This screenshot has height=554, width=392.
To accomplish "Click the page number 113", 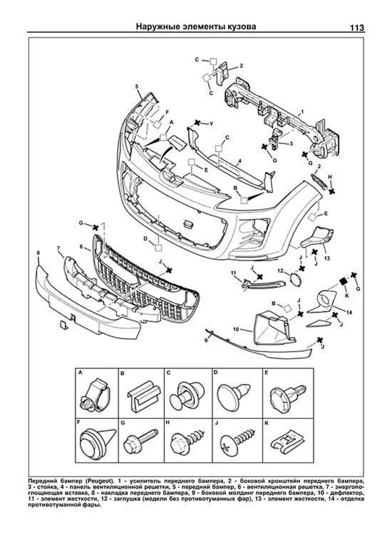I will pos(357,28).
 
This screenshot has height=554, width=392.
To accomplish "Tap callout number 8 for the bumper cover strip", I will pos(38,253).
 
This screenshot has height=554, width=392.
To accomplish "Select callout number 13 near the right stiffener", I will pos(327,258).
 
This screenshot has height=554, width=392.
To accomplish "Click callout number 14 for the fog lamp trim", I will pos(349,312).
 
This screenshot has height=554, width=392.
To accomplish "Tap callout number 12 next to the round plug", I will pos(280,270).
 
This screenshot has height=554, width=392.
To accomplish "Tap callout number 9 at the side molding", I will pos(206,340).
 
